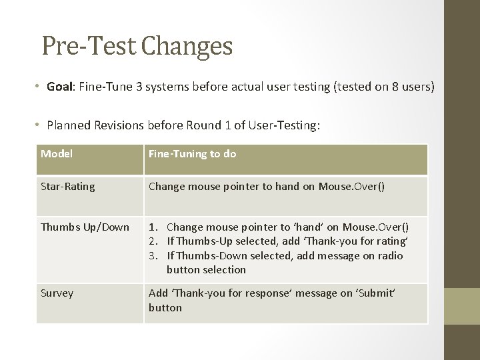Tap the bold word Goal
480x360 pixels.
click(x=60, y=87)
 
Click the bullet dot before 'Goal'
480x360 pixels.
click(x=39, y=87)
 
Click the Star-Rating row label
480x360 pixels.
click(x=68, y=187)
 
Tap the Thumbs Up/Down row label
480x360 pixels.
click(x=85, y=227)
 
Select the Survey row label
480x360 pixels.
click(x=57, y=293)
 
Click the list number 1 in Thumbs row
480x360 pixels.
click(x=153, y=227)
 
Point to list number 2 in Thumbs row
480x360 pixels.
click(x=153, y=241)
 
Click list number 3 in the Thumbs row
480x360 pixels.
click(x=153, y=255)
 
